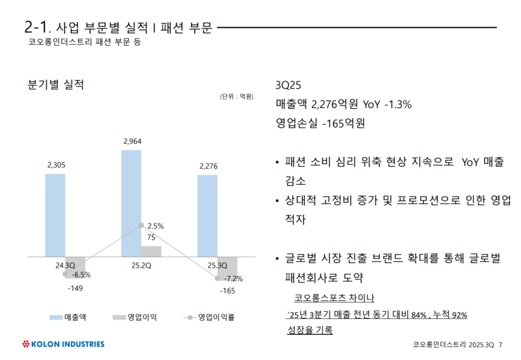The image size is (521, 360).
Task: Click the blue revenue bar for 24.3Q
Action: [x=55, y=215]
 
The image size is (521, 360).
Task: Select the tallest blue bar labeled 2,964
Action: [x=132, y=203]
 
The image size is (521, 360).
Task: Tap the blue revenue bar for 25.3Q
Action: [x=208, y=216]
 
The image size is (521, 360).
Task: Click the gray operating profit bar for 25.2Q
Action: [x=151, y=251]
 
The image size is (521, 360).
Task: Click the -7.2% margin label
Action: [x=232, y=279]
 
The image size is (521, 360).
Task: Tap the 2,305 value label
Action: [x=57, y=165]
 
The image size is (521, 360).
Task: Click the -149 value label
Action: [x=76, y=287]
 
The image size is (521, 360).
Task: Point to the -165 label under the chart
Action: [x=227, y=290]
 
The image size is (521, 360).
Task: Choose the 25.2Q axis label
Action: [x=141, y=265]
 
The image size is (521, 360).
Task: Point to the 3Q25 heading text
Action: [x=289, y=86]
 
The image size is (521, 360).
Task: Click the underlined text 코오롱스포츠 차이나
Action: [x=334, y=298]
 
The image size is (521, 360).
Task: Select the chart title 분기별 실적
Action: [x=55, y=85]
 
